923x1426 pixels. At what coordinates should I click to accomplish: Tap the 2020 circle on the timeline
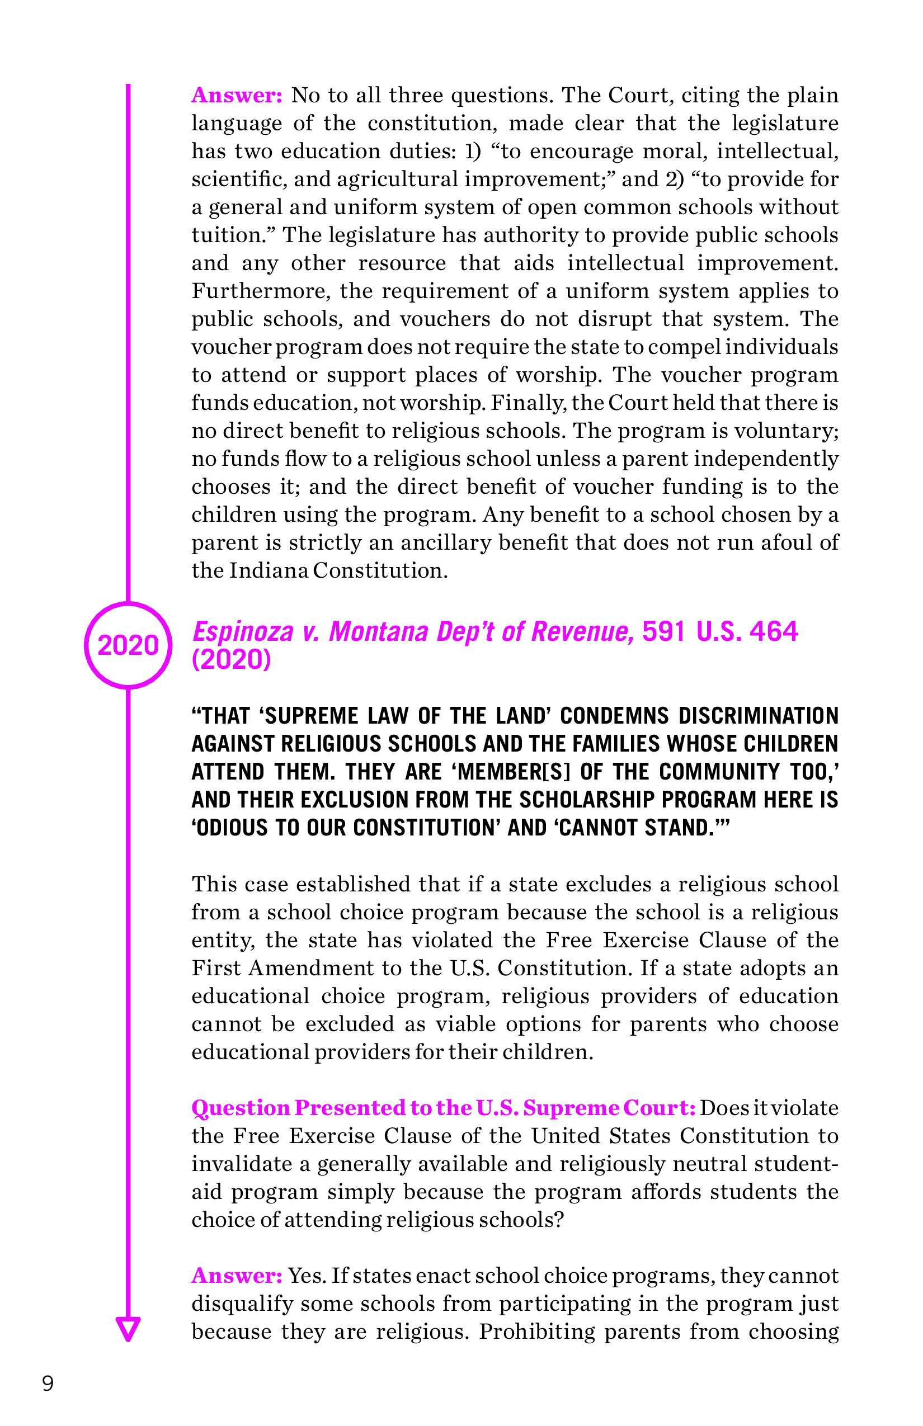point(128,645)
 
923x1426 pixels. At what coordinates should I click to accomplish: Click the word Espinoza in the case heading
point(243,632)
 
